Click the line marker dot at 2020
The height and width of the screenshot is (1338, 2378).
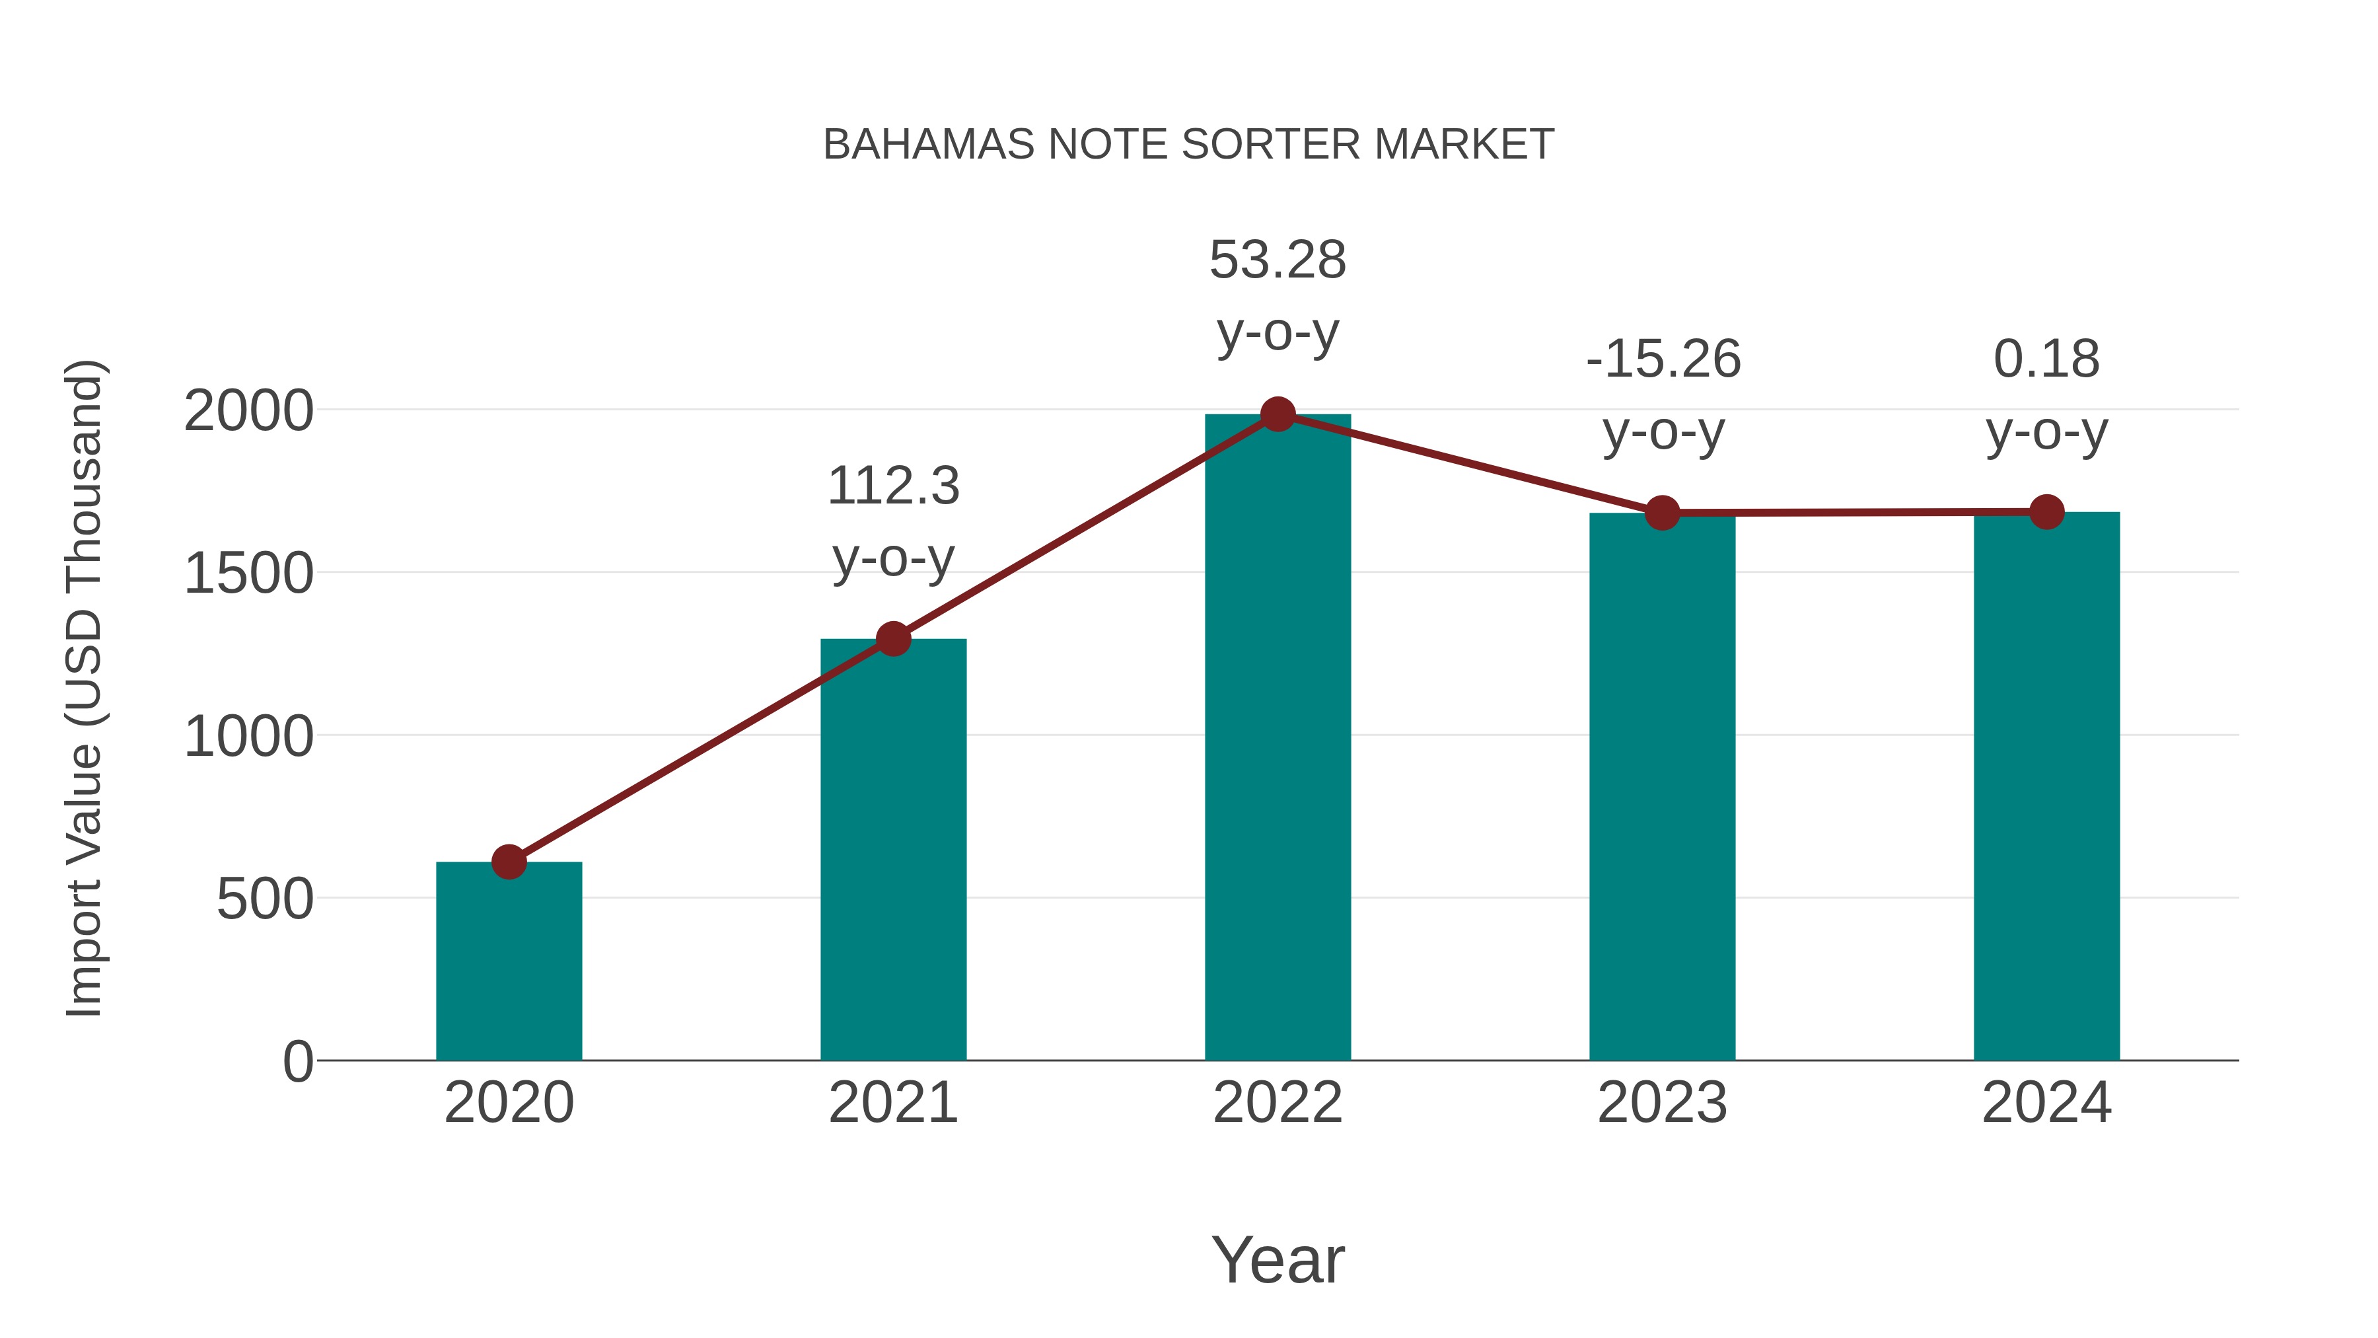coord(509,862)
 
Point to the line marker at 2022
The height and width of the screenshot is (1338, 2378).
coord(1278,414)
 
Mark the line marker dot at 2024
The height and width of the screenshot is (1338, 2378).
coord(2046,511)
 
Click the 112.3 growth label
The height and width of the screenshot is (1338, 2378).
coord(892,486)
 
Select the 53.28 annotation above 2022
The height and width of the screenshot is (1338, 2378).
coord(1278,260)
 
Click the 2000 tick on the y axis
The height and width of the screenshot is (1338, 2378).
coord(248,411)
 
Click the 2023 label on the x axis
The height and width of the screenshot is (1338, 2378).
coord(1662,1103)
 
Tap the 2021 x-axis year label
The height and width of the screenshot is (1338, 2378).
coord(892,1103)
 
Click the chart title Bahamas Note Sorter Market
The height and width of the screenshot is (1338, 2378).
coord(1188,145)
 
